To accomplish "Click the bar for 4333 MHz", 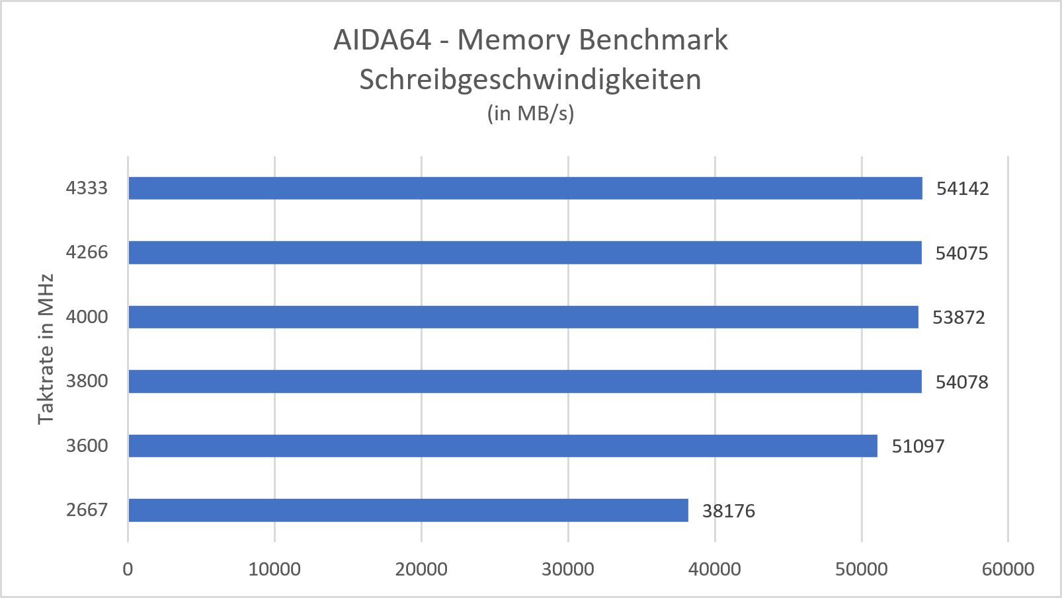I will (525, 188).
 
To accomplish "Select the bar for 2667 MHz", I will (408, 510).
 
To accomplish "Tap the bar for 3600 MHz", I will (503, 446).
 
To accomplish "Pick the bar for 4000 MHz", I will (523, 317).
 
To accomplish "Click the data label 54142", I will (962, 189).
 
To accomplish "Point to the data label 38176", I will (728, 511).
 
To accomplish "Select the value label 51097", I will (918, 447).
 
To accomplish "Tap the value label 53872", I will (958, 318).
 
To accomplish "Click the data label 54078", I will (961, 382).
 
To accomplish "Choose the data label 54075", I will (961, 254).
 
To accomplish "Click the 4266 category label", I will (87, 252).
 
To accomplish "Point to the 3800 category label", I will (87, 381).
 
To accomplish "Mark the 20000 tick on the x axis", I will (421, 570).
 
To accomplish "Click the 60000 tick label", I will (1008, 570).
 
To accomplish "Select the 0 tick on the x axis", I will (128, 570).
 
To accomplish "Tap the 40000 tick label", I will (715, 570).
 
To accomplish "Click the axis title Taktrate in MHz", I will (46, 349).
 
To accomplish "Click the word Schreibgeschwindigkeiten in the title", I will (530, 80).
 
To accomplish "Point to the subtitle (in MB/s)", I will (530, 114).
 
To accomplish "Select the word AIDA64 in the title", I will (382, 40).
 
